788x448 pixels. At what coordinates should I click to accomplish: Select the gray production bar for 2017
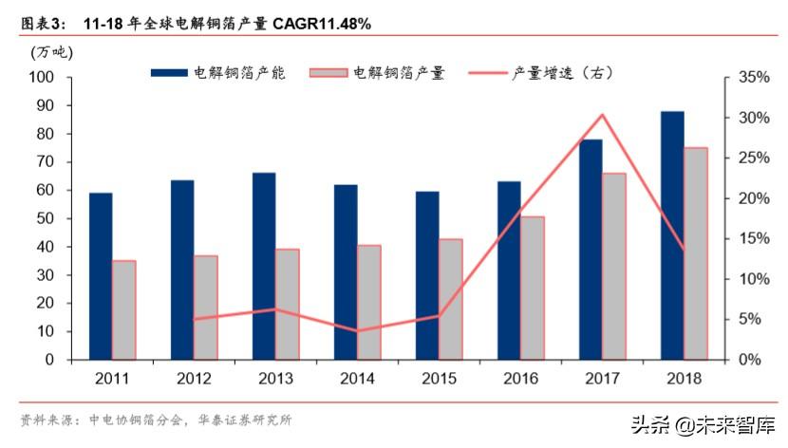614,266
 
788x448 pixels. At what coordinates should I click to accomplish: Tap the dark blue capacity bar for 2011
101,276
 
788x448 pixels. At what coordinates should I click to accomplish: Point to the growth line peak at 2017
602,116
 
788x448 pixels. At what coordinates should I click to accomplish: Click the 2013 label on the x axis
275,378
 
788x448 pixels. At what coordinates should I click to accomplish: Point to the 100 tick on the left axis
42,77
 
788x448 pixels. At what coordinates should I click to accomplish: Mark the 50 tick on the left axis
46,218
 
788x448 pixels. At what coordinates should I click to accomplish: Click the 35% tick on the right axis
750,77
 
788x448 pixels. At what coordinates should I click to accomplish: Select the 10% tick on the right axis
750,279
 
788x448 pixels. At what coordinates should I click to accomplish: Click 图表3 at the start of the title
41,21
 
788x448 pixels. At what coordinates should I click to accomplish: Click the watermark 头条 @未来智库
696,425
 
